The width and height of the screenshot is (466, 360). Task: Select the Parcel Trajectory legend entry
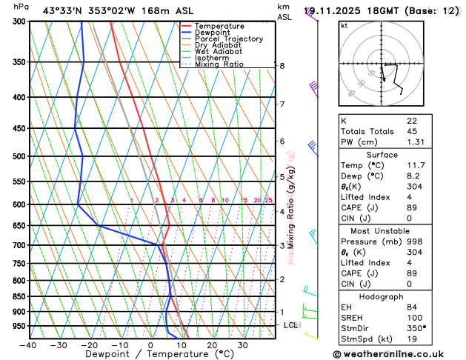228,39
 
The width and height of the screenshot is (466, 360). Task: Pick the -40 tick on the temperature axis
28,345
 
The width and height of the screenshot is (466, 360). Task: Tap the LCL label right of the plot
291,325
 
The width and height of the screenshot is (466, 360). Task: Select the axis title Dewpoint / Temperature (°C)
149,354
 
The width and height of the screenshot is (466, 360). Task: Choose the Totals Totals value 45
412,131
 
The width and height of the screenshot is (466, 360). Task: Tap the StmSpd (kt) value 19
412,339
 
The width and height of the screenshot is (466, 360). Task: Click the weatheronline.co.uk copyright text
398,354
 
